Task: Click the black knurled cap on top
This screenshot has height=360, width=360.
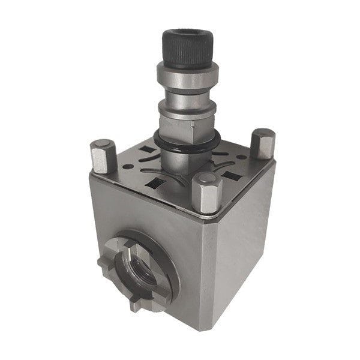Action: pos(187,48)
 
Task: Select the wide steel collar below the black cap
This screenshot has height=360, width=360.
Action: pos(187,75)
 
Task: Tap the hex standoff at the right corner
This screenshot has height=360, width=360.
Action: pos(262,144)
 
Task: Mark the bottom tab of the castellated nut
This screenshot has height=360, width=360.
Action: pos(137,303)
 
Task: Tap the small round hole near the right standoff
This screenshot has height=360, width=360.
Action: pos(241,157)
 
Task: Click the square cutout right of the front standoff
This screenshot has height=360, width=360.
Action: pos(231,176)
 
